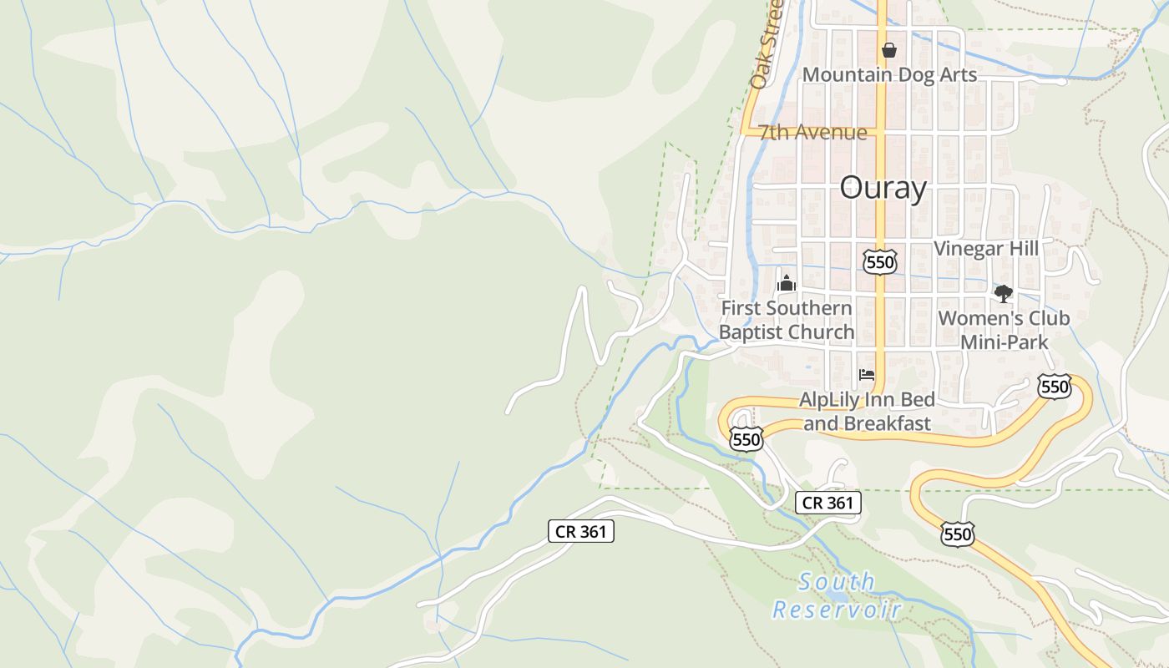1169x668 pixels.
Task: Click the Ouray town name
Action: coord(883,188)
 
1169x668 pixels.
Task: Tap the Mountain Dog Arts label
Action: coord(889,74)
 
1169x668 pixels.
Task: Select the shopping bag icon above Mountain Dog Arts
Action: coord(889,50)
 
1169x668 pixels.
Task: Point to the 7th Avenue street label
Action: coord(812,132)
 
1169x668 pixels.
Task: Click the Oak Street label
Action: coord(766,46)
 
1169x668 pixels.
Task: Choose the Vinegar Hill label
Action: coord(985,248)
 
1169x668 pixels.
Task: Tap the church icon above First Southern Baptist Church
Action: coord(786,283)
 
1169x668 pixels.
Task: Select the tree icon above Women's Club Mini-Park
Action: coord(1003,293)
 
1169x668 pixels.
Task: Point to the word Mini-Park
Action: coord(1004,342)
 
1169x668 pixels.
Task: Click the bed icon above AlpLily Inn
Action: coord(867,375)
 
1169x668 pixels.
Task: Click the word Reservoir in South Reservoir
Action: coord(837,610)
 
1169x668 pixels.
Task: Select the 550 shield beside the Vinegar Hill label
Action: coord(880,262)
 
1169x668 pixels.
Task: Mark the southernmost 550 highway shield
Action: coord(957,534)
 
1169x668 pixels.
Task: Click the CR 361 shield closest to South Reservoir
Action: coord(827,503)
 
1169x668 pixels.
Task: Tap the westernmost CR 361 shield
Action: coord(581,531)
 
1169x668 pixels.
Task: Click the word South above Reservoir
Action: coord(837,581)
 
